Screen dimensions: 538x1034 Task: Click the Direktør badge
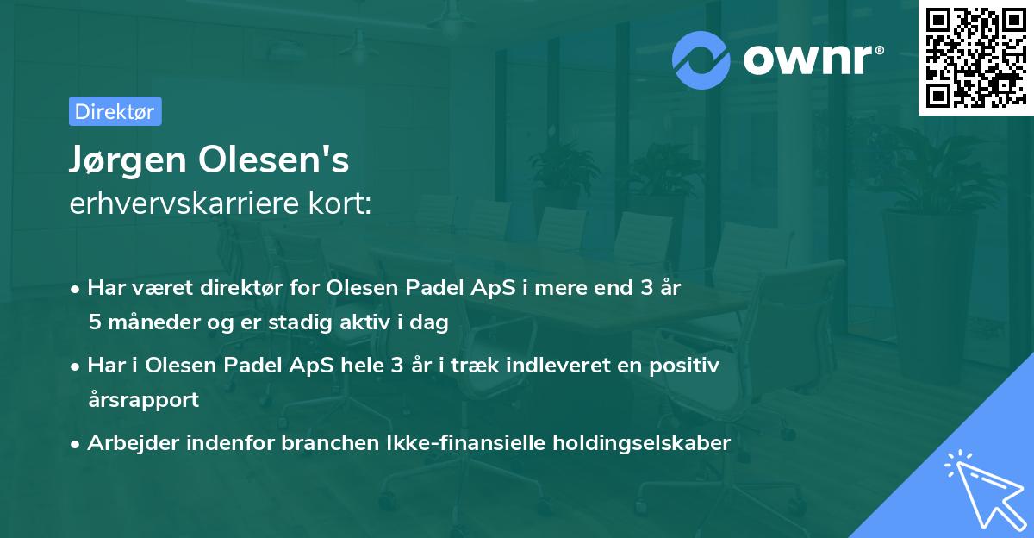[x=115, y=111]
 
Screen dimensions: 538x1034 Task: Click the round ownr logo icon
[x=701, y=59]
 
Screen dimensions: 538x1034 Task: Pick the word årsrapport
[x=143, y=399]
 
